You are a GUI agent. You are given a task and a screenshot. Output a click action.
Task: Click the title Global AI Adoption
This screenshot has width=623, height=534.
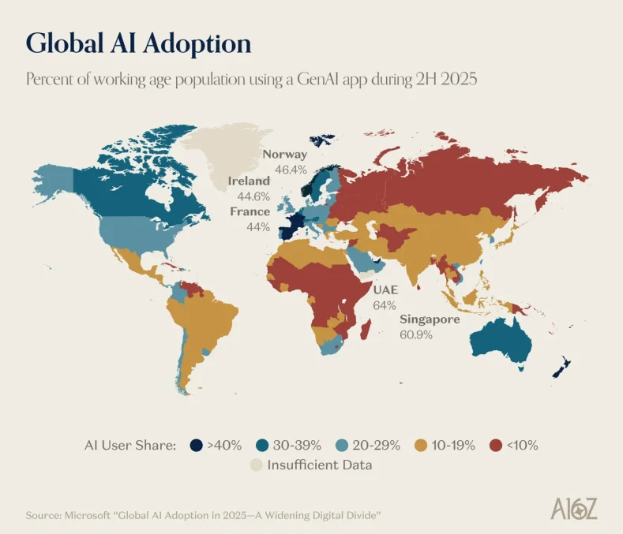click(139, 43)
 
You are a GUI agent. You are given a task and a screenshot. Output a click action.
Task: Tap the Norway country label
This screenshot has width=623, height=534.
click(285, 155)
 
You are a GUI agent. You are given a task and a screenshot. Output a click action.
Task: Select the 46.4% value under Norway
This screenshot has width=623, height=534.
click(290, 169)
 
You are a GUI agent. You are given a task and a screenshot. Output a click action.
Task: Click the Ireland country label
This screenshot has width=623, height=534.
click(249, 181)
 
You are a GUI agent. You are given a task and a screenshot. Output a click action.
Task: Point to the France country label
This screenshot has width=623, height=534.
click(250, 211)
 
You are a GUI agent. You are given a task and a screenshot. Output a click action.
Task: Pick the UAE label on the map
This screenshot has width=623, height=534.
click(385, 290)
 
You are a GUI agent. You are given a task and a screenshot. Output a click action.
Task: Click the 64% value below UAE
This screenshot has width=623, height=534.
click(384, 305)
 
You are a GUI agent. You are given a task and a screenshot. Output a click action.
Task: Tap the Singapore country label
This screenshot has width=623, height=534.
click(430, 319)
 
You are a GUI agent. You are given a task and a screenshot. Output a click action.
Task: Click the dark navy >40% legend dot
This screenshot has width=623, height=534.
click(194, 445)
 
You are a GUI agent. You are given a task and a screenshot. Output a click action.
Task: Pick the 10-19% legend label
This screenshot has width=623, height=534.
click(449, 445)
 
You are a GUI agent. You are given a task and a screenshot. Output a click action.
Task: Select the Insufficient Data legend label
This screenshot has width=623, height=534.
click(319, 465)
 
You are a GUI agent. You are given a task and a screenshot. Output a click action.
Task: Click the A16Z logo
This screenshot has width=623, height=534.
click(574, 509)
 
